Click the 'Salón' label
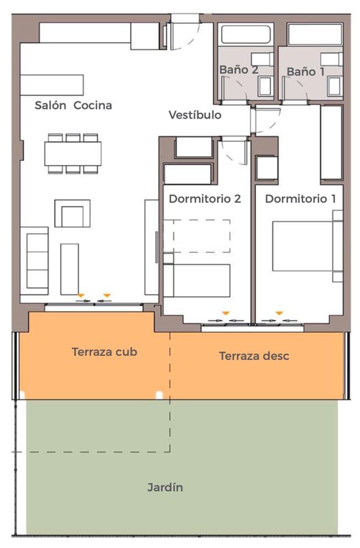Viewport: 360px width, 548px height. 50,105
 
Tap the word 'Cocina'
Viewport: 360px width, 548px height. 92,105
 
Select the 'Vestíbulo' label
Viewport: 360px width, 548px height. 195,114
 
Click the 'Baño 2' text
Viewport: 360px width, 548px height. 239,70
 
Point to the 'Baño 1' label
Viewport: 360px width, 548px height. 305,72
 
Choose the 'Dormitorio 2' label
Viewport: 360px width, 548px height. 205,199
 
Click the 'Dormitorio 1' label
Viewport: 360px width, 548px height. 300,199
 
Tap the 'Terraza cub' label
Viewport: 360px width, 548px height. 104,351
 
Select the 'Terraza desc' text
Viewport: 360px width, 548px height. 254,356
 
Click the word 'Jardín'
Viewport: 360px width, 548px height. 165,487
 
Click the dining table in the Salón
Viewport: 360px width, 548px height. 73,153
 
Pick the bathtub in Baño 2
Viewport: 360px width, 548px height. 246,34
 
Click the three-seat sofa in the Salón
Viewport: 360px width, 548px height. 34,261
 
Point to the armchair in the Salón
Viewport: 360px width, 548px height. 73,214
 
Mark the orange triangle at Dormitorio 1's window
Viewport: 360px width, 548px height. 279,313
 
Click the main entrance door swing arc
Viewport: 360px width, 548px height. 192,39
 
